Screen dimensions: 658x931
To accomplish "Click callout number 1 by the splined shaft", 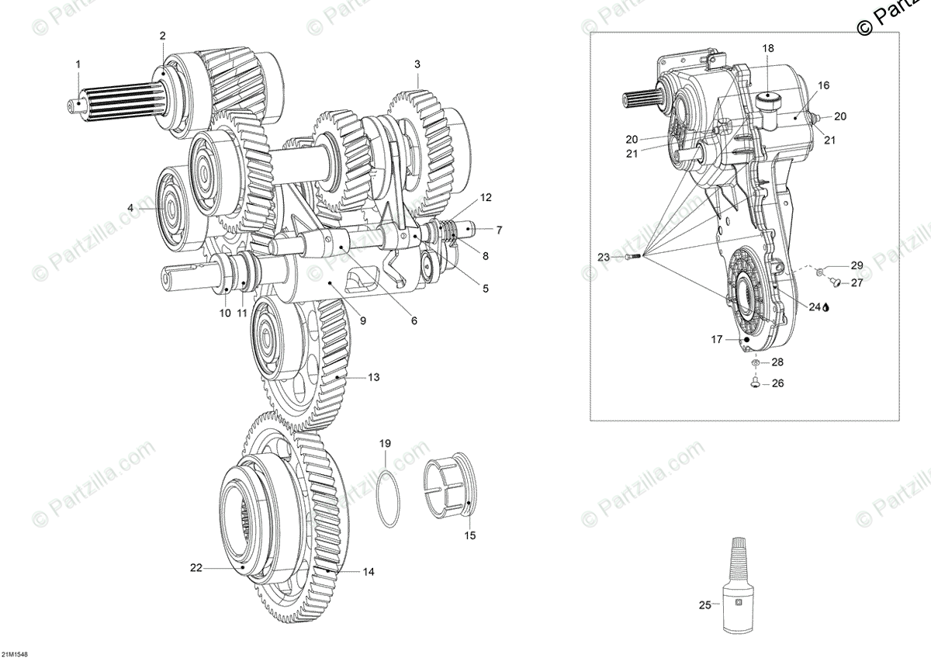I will pyautogui.click(x=78, y=64).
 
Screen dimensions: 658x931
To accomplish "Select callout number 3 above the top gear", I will pyautogui.click(x=417, y=64).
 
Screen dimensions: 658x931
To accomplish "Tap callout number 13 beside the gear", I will pyautogui.click(x=374, y=377).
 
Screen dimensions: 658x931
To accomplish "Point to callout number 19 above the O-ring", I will pyautogui.click(x=385, y=443).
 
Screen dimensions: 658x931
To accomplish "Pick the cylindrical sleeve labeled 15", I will pyautogui.click(x=452, y=490).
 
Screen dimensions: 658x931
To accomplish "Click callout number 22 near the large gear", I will pyautogui.click(x=196, y=568).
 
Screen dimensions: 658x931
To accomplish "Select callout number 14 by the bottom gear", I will pyautogui.click(x=369, y=572).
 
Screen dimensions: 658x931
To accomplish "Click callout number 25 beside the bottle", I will pyautogui.click(x=704, y=605).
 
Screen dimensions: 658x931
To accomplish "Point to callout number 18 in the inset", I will pyautogui.click(x=768, y=48).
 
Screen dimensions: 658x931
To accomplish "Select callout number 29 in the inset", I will pyautogui.click(x=857, y=265).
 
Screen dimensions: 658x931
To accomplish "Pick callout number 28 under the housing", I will pyautogui.click(x=777, y=362).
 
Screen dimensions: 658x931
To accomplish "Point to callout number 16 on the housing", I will pyautogui.click(x=823, y=85).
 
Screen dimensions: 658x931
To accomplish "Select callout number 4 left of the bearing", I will pyautogui.click(x=130, y=208).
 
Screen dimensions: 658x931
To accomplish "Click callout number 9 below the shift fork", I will pyautogui.click(x=363, y=320).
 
